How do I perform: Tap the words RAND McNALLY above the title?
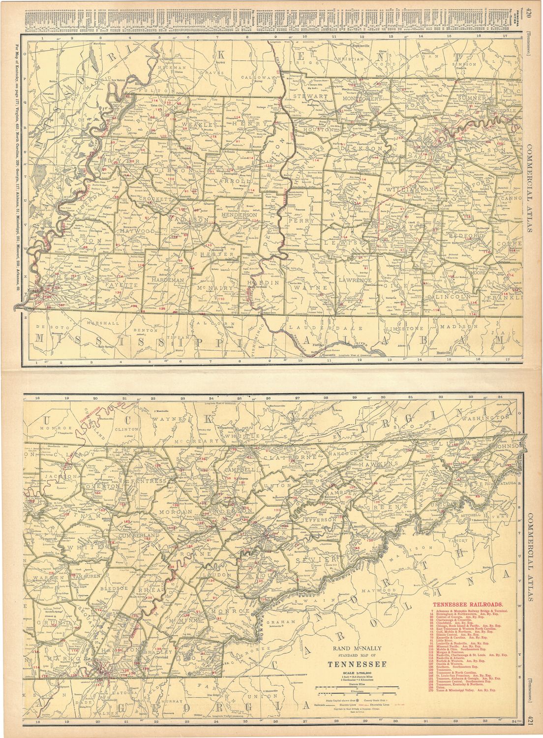click(354, 648)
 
